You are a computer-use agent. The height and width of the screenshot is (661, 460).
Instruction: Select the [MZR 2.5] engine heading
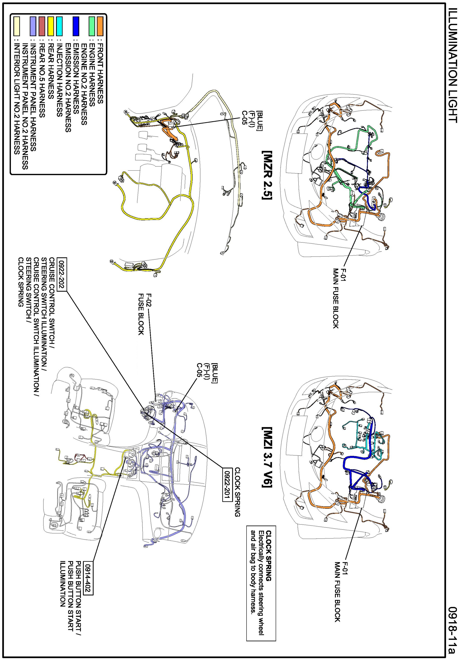tap(267, 175)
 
